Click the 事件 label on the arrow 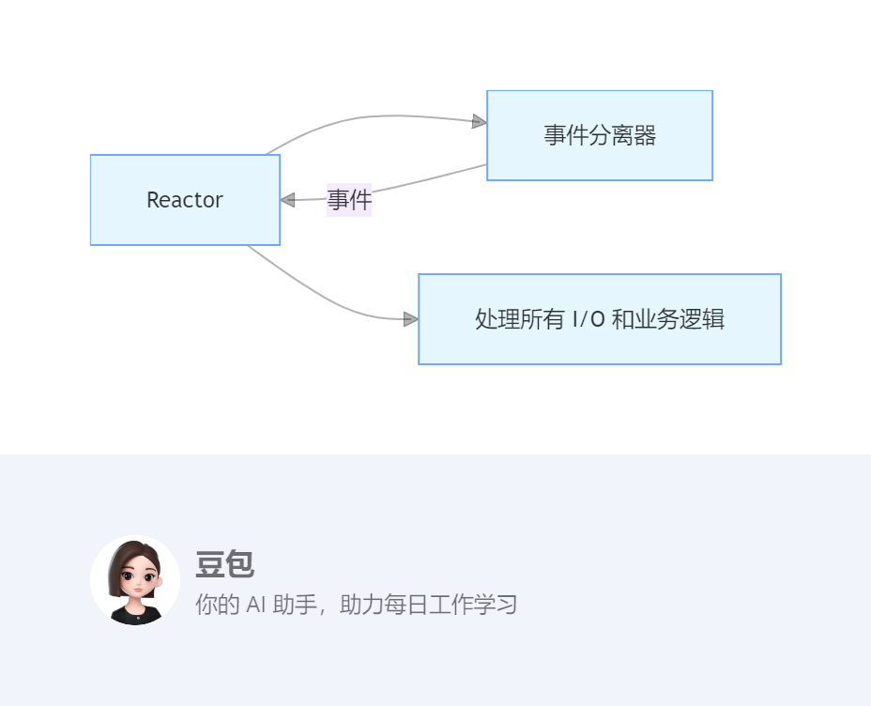(349, 200)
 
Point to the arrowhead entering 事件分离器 (479, 121)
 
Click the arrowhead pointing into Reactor (288, 200)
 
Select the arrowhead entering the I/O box (410, 319)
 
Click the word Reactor (185, 200)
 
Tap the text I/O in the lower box (589, 319)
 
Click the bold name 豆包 (224, 564)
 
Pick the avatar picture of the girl (135, 580)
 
